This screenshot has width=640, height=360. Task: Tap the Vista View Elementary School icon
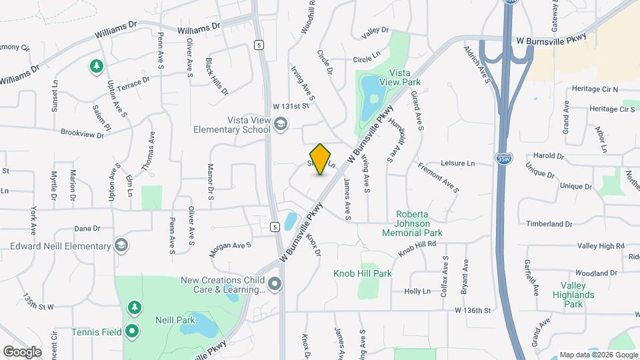point(281,123)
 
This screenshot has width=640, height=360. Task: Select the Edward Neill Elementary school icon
point(121,246)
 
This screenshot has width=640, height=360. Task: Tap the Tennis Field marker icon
point(133,330)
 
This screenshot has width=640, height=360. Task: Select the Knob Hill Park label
point(363,273)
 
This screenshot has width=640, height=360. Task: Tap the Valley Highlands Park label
point(577,294)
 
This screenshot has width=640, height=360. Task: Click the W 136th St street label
point(473,311)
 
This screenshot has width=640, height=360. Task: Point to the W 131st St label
point(291,106)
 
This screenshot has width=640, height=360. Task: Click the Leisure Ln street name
point(458,163)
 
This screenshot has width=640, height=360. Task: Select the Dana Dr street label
point(87,228)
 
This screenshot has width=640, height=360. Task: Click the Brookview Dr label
point(83,134)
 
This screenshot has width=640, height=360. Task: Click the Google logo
point(22,351)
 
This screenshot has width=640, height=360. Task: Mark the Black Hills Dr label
point(217,76)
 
